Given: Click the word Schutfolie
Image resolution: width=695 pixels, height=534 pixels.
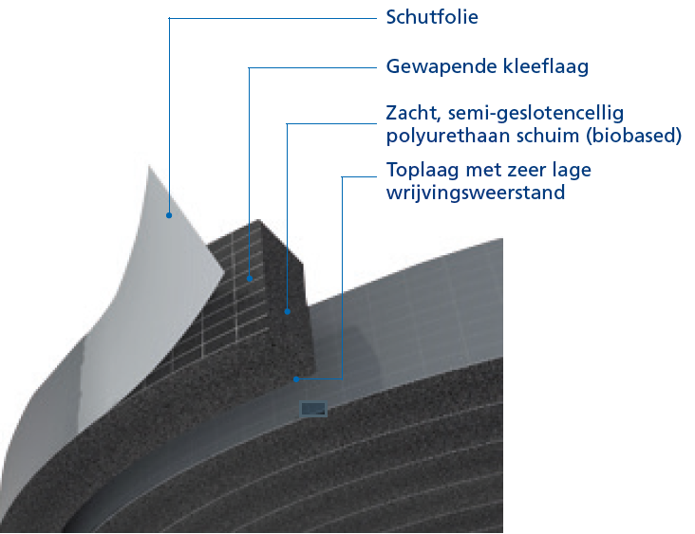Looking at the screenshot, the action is click(432, 17).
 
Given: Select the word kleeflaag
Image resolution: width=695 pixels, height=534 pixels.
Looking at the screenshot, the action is click(546, 66).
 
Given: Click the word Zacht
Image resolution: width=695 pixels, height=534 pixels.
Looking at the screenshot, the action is click(413, 114).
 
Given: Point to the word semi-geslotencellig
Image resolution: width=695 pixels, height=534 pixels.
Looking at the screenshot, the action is click(535, 114).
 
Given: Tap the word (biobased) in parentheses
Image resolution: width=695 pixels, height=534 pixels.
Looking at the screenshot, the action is click(634, 136).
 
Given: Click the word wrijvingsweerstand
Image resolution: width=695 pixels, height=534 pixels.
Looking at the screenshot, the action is click(476, 193).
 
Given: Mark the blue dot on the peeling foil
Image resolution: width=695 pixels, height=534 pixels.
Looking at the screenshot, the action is click(169, 215).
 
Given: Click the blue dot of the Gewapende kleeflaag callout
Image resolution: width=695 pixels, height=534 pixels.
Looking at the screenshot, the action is click(250, 279).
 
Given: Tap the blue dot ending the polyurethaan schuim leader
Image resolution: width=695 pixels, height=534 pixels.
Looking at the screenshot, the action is click(288, 311).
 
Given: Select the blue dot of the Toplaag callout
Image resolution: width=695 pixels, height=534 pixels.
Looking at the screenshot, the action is click(296, 379).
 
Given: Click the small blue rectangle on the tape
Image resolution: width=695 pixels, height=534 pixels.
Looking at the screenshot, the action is click(313, 409).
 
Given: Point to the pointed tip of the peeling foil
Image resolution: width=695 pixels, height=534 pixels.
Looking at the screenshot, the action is click(148, 166).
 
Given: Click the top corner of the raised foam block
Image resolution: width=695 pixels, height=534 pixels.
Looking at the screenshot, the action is click(259, 219).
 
